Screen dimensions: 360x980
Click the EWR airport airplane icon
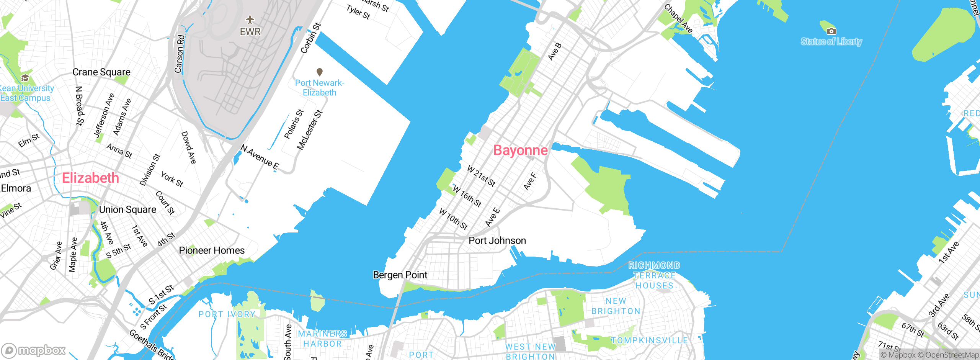250,20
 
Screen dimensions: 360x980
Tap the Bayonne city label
520,150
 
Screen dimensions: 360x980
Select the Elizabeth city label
90,178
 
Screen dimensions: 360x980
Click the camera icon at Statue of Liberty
831,31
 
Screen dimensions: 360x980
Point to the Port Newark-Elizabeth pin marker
320,72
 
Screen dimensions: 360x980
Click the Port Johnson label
497,241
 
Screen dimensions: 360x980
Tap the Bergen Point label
400,275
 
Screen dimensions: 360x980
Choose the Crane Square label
101,72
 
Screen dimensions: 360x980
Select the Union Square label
127,209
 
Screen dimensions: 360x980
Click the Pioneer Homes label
212,250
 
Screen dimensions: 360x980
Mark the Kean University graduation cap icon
25,78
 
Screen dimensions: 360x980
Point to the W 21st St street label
481,176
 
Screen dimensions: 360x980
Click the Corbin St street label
310,38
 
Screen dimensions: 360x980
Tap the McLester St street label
310,130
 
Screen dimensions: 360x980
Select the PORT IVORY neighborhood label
227,314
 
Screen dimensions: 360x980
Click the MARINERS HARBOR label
322,339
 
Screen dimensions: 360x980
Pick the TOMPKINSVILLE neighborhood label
649,340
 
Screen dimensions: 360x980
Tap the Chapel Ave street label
678,18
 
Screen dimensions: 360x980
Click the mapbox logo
34,350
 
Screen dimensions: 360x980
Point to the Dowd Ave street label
188,147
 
